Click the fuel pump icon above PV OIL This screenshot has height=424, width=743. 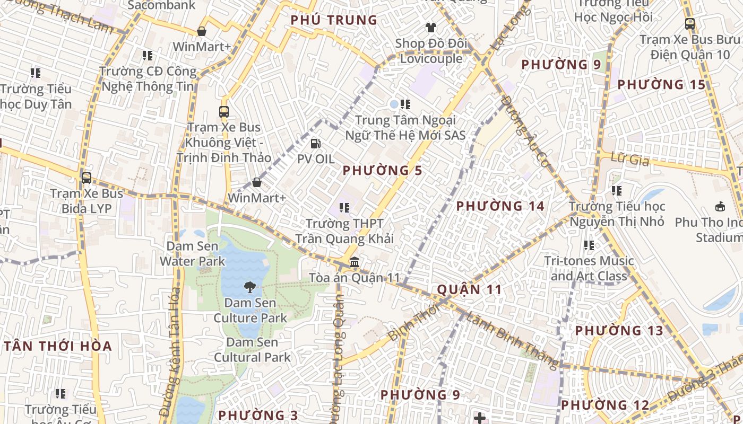click(x=315, y=143)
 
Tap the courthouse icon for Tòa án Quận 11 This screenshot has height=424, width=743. click(x=355, y=262)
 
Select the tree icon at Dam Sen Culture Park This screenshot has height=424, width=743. click(x=249, y=288)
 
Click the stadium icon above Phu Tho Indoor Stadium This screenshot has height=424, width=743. click(x=720, y=206)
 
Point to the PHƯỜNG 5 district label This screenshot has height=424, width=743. click(x=382, y=171)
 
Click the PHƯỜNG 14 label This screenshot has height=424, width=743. click(x=500, y=206)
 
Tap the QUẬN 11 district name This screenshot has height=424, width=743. click(x=470, y=289)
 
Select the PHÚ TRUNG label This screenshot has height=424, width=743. click(x=334, y=20)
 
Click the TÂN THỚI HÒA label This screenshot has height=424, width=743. click(x=58, y=347)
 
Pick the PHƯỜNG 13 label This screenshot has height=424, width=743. click(x=619, y=331)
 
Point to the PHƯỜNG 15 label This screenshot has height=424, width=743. click(x=661, y=84)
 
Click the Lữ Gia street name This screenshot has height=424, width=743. click(x=630, y=159)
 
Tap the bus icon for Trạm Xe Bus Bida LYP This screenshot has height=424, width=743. click(x=86, y=178)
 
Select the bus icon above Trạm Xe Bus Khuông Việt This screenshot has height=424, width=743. click(x=224, y=111)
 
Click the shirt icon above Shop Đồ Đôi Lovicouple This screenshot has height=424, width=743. click(x=430, y=27)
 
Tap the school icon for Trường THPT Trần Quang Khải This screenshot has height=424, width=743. click(x=344, y=208)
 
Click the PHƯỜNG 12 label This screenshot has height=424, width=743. click(x=605, y=405)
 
